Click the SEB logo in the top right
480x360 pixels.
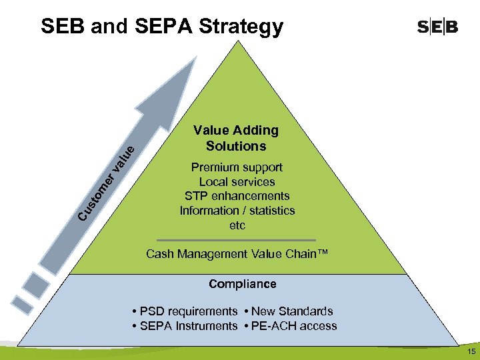[x=437, y=27]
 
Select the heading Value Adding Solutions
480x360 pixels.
[x=236, y=138]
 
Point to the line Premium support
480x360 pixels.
[x=237, y=167]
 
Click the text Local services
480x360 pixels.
[x=237, y=182]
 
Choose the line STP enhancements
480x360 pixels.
[x=237, y=196]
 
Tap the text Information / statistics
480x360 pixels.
[x=237, y=211]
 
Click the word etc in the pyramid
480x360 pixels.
[x=237, y=225]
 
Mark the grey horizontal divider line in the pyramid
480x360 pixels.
[x=237, y=239]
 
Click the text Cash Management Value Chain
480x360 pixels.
[x=237, y=254]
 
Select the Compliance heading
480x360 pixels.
[x=242, y=284]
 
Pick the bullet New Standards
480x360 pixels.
[x=290, y=311]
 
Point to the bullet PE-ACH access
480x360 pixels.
[x=292, y=326]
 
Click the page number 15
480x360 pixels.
[x=471, y=351]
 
